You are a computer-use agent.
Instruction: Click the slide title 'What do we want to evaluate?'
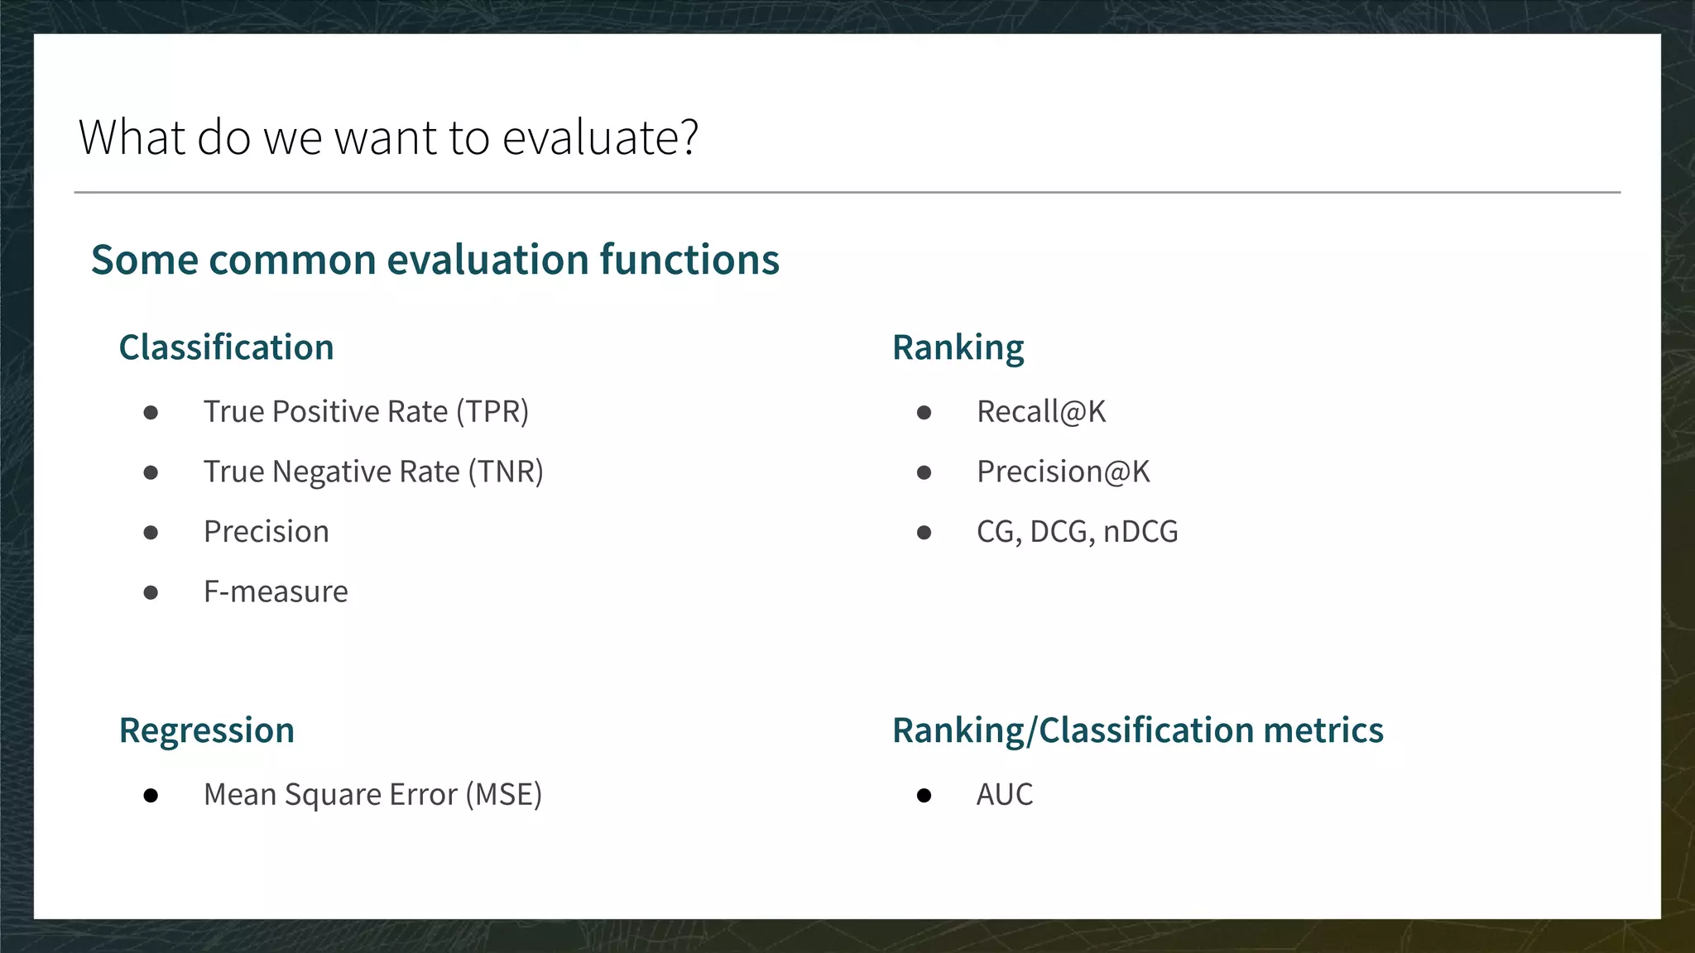click(388, 137)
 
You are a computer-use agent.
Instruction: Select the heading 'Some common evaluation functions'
click(435, 260)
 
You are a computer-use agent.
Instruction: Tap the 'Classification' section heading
click(226, 347)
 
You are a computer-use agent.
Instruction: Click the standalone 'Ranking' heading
click(958, 347)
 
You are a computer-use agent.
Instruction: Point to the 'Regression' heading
click(206, 730)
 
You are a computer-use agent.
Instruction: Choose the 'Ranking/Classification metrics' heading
click(1137, 730)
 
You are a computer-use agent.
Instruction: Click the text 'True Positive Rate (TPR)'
click(366, 412)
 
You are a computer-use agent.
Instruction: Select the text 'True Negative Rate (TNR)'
click(373, 472)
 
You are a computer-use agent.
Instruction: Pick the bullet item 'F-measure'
click(276, 591)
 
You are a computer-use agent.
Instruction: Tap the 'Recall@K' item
click(1040, 412)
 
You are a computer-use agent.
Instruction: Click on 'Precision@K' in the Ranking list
click(1063, 472)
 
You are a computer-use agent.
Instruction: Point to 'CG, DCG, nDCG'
click(1077, 532)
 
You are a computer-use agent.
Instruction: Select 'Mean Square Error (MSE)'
click(372, 794)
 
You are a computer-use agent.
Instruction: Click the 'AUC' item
click(1004, 794)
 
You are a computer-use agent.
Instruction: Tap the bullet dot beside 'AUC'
click(924, 796)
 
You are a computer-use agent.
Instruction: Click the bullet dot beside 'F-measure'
click(151, 592)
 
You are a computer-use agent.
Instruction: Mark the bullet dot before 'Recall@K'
click(924, 413)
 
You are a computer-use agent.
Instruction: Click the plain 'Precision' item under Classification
click(266, 532)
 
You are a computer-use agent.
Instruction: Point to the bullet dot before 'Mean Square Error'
click(151, 796)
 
